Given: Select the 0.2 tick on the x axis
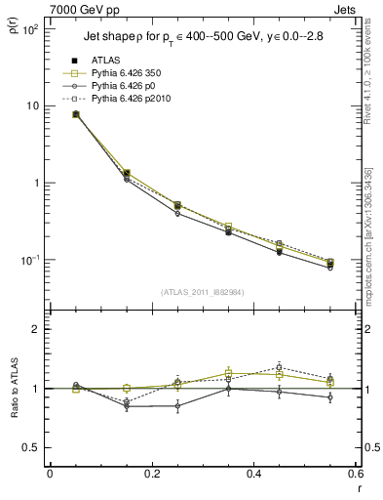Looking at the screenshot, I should [152, 476].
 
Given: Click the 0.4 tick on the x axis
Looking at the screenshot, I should [254, 476].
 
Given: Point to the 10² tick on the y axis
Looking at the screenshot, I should [31, 29].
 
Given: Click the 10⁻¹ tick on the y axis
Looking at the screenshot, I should [31, 260].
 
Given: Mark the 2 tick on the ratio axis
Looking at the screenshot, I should [36, 329].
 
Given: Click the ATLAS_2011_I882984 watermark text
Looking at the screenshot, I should [203, 292].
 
